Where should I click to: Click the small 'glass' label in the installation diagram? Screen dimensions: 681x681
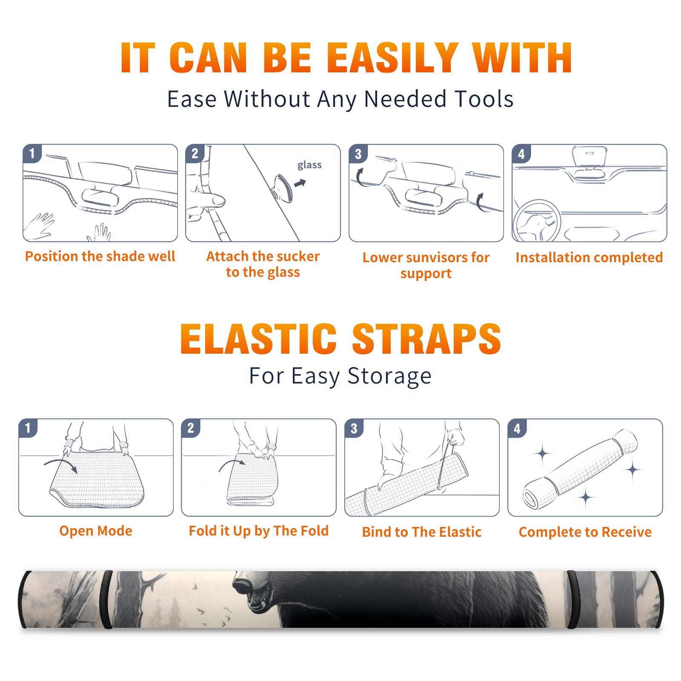point(309,165)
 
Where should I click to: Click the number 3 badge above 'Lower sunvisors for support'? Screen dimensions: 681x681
point(358,154)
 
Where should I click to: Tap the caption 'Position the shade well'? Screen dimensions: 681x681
point(100,256)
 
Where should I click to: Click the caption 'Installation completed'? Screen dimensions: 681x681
point(589,257)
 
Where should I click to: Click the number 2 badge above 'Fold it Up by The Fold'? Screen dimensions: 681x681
point(191,428)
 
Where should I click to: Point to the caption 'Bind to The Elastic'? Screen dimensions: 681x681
point(421,532)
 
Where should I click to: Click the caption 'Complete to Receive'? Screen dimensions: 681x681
point(585,532)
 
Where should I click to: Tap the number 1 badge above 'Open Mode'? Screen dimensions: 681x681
point(28,428)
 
